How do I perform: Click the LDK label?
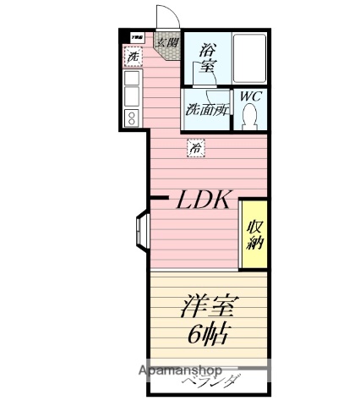(x=203, y=200)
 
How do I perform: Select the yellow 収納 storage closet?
(x=254, y=234)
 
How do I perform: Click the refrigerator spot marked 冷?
(x=195, y=148)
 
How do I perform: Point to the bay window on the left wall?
(x=139, y=229)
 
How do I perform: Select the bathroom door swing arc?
(x=212, y=78)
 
